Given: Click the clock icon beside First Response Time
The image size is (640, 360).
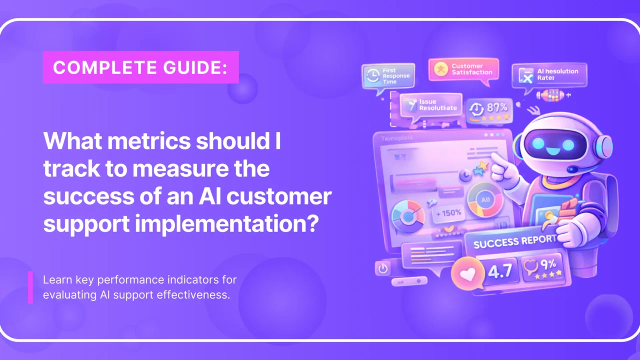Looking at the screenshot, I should (x=372, y=75).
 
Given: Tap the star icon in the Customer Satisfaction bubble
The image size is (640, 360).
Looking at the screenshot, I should (x=440, y=69).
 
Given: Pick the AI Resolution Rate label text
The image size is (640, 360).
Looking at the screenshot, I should (x=557, y=74).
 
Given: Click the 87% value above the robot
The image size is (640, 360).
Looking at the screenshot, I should (x=496, y=107).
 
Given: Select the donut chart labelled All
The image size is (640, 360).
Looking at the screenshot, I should (x=484, y=199).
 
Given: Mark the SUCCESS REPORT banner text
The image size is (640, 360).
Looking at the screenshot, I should (x=514, y=241).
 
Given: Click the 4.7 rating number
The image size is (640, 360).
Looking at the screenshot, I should (x=500, y=270).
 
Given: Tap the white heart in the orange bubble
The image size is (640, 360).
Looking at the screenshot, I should (x=467, y=274).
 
